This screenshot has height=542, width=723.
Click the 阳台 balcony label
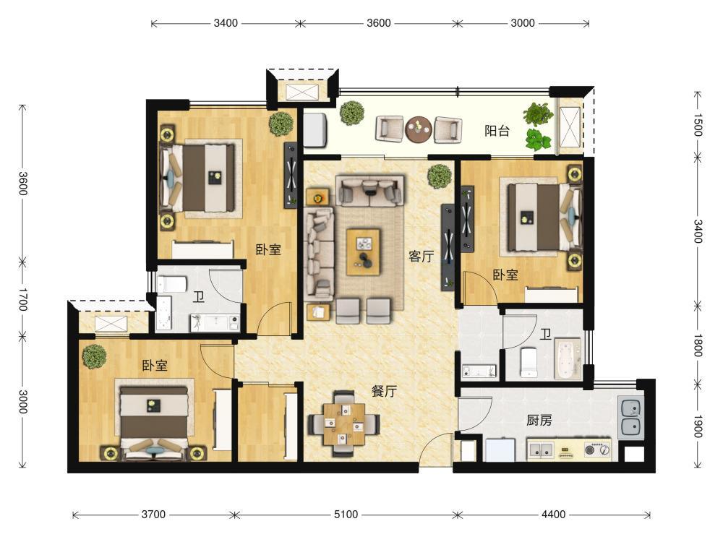pyautogui.click(x=497, y=131)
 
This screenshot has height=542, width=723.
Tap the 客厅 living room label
pyautogui.click(x=421, y=257)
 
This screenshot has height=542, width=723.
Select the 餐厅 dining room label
pyautogui.click(x=384, y=391)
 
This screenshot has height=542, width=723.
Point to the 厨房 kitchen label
pyautogui.click(x=539, y=421)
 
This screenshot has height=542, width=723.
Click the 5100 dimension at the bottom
pyautogui.click(x=346, y=515)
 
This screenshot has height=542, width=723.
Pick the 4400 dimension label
pyautogui.click(x=553, y=515)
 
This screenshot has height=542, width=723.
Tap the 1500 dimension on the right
pyautogui.click(x=697, y=125)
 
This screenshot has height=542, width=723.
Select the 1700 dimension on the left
pyautogui.click(x=22, y=299)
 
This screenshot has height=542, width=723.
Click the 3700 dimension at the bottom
pyautogui.click(x=153, y=515)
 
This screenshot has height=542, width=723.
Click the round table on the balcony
pyautogui.click(x=419, y=129)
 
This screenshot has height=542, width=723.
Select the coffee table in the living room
pyautogui.click(x=364, y=252)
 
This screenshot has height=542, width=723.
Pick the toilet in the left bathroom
pyautogui.click(x=171, y=284)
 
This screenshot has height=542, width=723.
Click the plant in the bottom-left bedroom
pyautogui.click(x=95, y=357)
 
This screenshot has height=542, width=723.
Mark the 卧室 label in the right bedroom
pyautogui.click(x=505, y=275)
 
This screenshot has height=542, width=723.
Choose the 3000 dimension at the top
pyautogui.click(x=523, y=23)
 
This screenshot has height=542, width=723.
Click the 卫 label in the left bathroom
pyautogui.click(x=199, y=297)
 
